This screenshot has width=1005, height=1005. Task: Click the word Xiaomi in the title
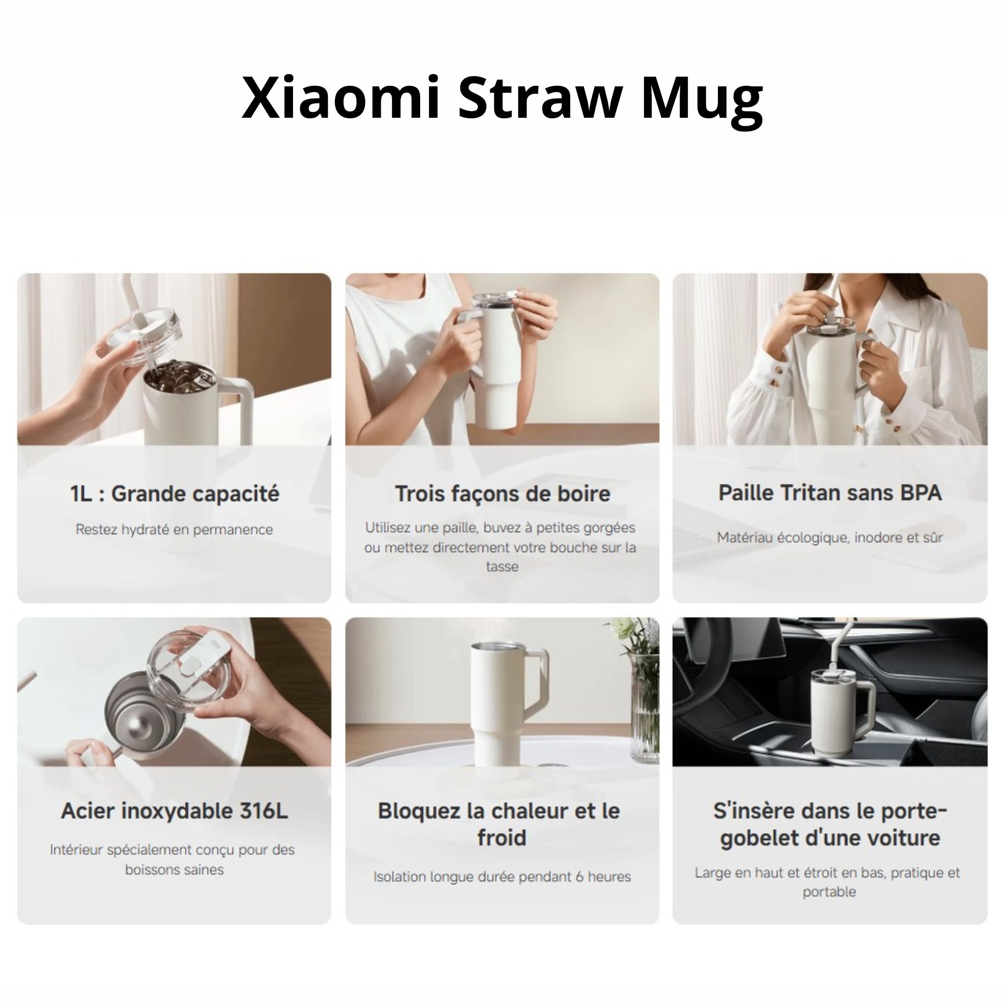click(341, 98)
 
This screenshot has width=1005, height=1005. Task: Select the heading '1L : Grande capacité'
click(175, 494)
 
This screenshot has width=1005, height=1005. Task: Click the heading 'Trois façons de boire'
click(502, 494)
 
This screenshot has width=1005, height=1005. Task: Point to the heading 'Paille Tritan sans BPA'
click(830, 493)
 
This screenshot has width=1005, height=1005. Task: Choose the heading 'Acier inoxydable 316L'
click(174, 811)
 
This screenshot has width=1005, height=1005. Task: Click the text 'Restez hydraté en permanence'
click(174, 529)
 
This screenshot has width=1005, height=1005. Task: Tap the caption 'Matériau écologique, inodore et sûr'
click(830, 537)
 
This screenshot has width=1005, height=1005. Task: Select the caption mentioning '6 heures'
click(502, 876)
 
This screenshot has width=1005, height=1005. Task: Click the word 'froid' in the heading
click(502, 838)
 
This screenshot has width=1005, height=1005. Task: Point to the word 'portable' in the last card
click(829, 892)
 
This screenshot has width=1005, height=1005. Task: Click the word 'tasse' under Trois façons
click(502, 566)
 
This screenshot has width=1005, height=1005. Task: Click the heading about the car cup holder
click(830, 824)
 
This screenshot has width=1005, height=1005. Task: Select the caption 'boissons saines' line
click(174, 869)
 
